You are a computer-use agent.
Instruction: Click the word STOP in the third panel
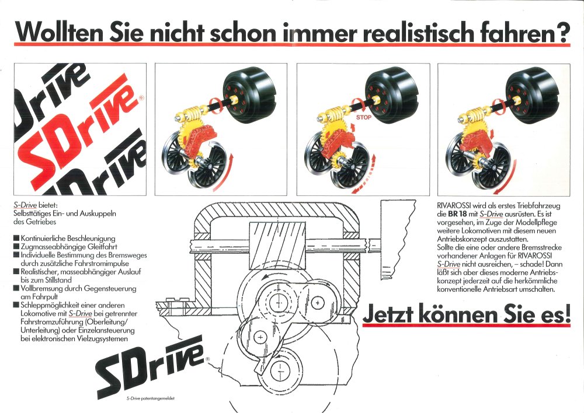click(363, 117)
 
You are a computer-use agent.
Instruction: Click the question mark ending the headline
click(562, 32)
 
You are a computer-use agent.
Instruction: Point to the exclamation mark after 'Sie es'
click(567, 313)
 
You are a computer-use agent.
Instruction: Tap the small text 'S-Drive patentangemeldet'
click(151, 398)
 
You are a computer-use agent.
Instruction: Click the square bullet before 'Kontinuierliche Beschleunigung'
click(16, 238)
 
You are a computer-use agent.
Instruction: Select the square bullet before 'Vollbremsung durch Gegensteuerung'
click(16, 288)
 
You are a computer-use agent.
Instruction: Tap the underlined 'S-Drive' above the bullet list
click(25, 205)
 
